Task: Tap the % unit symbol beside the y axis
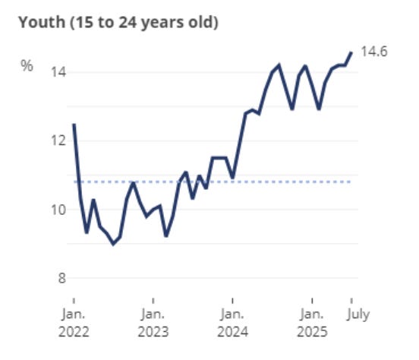27,66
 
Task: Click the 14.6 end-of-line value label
373,52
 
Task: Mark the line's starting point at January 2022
74,125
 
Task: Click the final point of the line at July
351,52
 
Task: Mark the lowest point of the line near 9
113,244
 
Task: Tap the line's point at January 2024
232,176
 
